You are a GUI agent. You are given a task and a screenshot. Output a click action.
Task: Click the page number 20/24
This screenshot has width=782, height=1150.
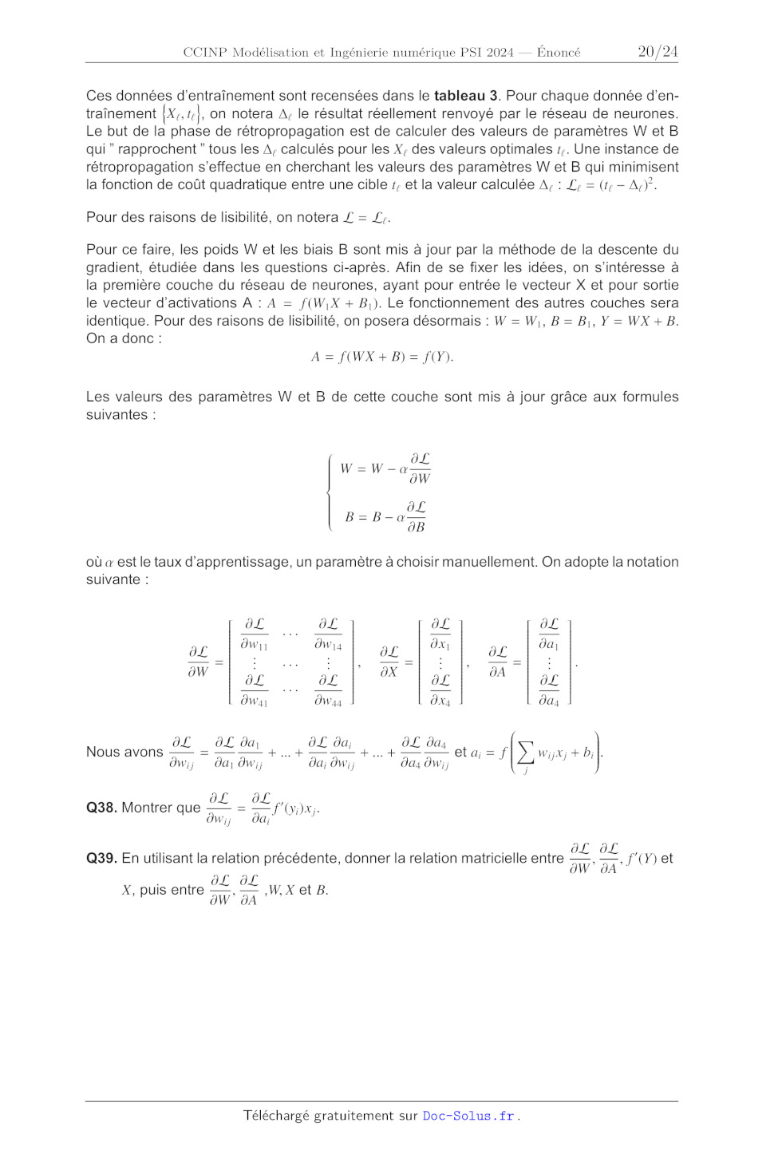tap(658, 52)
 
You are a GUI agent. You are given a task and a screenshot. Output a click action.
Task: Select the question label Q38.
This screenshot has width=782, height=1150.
tap(101, 808)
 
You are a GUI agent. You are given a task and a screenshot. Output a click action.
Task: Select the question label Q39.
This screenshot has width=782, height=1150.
tap(101, 859)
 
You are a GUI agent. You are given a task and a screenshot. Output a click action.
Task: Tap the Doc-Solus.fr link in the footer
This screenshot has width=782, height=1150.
tap(468, 1116)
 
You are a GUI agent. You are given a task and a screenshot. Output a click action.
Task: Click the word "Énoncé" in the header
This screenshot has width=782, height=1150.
tap(559, 53)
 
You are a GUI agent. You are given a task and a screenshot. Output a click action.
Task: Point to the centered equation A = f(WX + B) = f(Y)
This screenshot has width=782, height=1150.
tap(382, 357)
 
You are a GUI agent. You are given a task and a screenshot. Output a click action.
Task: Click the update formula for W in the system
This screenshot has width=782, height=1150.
tap(385, 468)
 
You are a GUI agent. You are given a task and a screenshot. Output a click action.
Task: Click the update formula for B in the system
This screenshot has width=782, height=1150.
tap(385, 517)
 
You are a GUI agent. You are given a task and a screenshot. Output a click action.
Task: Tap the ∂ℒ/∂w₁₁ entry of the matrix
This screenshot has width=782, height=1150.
tap(255, 634)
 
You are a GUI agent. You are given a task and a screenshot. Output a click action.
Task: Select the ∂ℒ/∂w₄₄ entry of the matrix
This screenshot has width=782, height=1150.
tap(328, 690)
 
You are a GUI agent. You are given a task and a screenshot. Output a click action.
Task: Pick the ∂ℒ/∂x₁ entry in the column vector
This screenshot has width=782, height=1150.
tap(440, 634)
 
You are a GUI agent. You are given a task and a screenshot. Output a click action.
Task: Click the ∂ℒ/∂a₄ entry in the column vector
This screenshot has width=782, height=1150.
tap(549, 690)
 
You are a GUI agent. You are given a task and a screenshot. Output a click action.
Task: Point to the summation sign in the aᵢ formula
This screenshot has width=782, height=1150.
tap(525, 753)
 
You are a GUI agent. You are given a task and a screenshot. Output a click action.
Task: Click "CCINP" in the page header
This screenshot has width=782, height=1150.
tap(205, 53)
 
